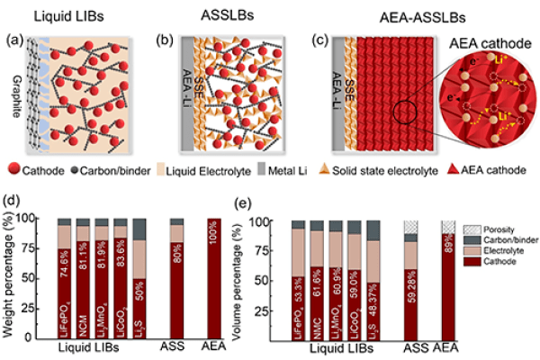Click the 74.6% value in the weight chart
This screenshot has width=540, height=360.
(x=63, y=265)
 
